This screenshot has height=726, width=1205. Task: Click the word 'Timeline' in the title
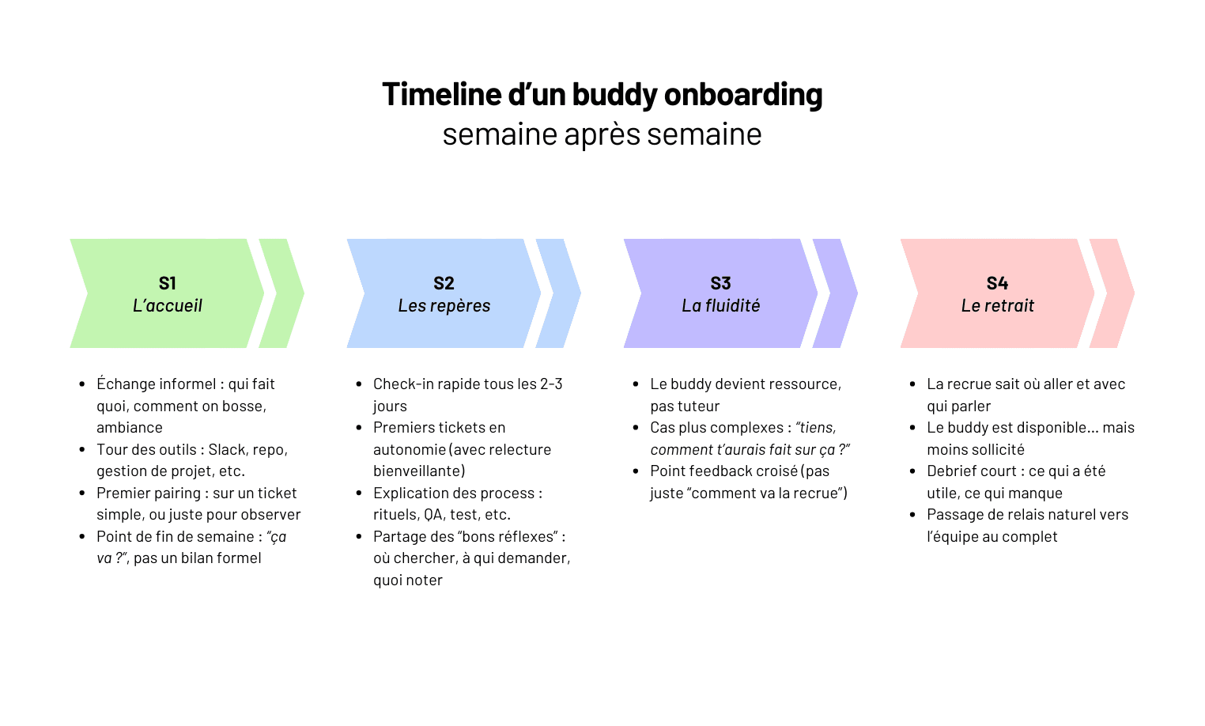click(x=442, y=95)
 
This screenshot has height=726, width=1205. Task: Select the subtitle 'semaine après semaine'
click(x=602, y=134)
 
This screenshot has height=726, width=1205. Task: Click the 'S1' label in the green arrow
click(x=167, y=283)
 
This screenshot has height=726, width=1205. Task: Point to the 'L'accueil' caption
click(x=167, y=306)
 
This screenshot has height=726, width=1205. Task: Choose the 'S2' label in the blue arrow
click(x=444, y=283)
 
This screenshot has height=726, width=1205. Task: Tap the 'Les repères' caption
click(x=444, y=306)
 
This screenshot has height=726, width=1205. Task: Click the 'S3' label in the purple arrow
click(x=720, y=283)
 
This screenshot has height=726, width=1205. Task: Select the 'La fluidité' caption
click(x=720, y=306)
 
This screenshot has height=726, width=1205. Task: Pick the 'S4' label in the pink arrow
click(x=997, y=283)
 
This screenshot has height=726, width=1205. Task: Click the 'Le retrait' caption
click(x=997, y=306)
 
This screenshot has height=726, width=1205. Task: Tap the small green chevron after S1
click(x=282, y=293)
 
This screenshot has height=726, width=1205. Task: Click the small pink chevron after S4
click(x=1112, y=293)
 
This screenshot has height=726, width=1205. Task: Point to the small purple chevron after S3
click(x=836, y=293)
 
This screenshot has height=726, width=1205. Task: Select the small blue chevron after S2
click(x=559, y=293)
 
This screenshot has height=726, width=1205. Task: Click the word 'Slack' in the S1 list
click(x=227, y=450)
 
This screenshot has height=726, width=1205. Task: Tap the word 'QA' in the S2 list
click(x=433, y=515)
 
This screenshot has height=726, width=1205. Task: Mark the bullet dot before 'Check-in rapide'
click(x=359, y=384)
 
